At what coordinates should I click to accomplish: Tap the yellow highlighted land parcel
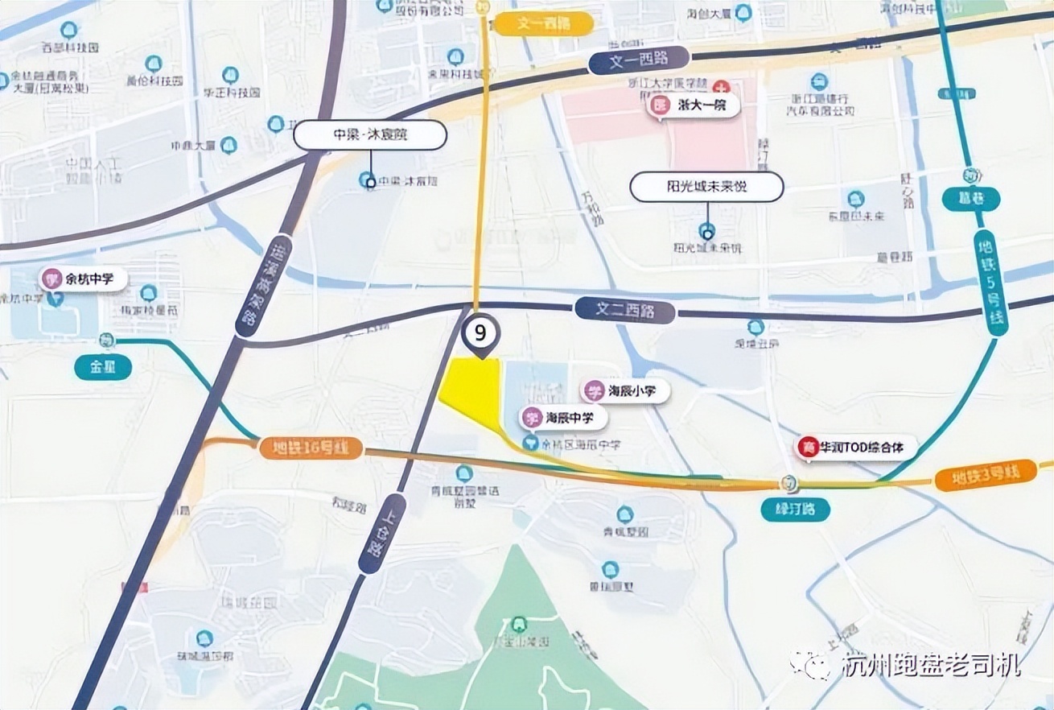coord(475,390)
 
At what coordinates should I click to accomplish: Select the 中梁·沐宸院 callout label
coord(370,135)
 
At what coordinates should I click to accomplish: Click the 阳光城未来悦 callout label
coord(706,187)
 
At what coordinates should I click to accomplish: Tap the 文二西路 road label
coord(624,310)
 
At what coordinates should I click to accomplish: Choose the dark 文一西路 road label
coord(639,61)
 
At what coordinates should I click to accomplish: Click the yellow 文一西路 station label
coord(543,23)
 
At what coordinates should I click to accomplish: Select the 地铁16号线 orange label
coord(311,449)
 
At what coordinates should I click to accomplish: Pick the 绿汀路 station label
coord(795,510)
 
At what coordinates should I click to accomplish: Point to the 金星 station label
coord(103,368)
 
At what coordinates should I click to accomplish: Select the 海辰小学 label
coord(627,392)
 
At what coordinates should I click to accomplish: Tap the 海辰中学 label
coord(564,418)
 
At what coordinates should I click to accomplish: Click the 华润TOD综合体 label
coord(856,447)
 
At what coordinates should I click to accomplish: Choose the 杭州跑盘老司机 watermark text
coord(930,665)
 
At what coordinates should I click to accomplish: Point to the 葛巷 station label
coord(971,198)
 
